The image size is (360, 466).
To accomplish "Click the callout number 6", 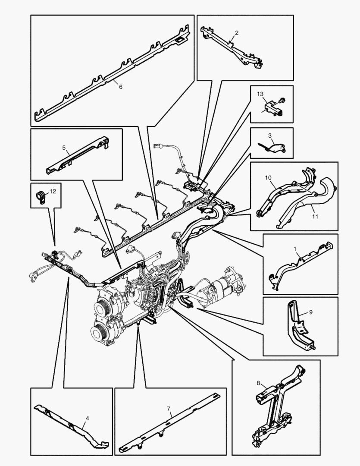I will click(120, 87).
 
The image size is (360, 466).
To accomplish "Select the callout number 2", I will click(236, 33).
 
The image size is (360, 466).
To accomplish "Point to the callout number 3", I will click(270, 135).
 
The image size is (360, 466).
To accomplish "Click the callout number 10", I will click(268, 177).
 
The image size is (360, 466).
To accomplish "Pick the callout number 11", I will click(315, 216).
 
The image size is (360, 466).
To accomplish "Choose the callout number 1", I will click(295, 249).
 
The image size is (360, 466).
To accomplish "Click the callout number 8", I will click(258, 383).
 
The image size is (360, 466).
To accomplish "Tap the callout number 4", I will click(88, 418).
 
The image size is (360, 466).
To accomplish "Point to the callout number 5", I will click(64, 148).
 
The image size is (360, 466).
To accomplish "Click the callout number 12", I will click(52, 191).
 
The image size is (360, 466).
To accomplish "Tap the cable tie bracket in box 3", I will click(275, 148).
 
